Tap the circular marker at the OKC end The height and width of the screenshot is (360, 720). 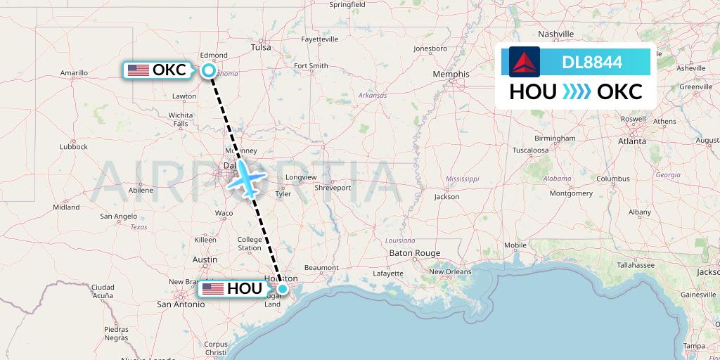209,70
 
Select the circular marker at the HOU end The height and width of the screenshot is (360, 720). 282,288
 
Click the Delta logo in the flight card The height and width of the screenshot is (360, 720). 525,62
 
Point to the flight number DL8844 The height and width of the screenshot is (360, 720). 592,63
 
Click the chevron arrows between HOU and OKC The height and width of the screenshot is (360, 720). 577,91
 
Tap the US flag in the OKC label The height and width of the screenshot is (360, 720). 139,70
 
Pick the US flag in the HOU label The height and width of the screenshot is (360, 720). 212,289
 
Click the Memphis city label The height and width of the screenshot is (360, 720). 451,74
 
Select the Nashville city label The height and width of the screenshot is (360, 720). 556,34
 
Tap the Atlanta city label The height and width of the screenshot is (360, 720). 632,141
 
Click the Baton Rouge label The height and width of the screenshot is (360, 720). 414,253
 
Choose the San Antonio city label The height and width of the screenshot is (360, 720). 180,304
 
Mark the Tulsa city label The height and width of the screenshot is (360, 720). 261,47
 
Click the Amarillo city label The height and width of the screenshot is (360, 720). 74,72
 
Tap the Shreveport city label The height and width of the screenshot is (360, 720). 333,188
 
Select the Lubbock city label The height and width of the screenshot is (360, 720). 74,146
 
